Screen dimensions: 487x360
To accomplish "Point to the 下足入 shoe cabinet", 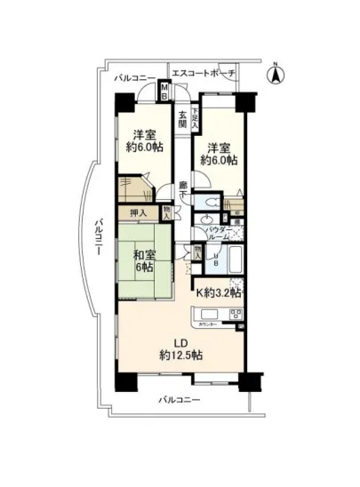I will pyautogui.click(x=196, y=118).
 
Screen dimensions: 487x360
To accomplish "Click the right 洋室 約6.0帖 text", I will pyautogui.click(x=219, y=154).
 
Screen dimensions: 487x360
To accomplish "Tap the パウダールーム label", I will pyautogui.click(x=219, y=235).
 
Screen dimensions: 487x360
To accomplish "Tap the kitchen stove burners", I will pyautogui.click(x=236, y=315).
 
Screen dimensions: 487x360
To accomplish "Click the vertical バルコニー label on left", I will pyautogui.click(x=100, y=239).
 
